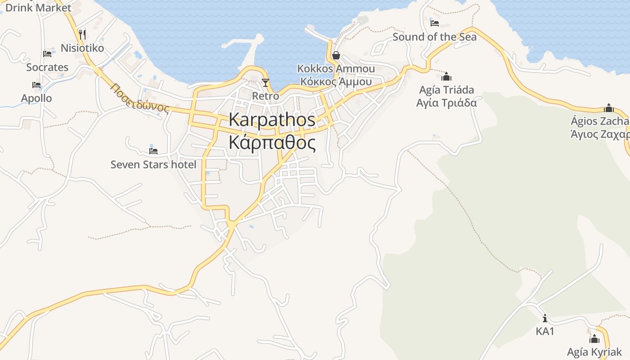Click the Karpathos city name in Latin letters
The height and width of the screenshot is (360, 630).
coord(272,120)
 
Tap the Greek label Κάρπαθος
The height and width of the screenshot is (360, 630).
coord(272,143)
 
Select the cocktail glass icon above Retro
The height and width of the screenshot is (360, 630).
coord(265,83)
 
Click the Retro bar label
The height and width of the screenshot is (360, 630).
coord(265,96)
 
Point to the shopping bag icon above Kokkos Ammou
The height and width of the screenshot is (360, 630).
coord(336,55)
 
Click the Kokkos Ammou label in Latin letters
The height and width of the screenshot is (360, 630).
coord(336,68)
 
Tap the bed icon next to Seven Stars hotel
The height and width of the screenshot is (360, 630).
coord(153,151)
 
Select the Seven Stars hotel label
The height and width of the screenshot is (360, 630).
coord(153,165)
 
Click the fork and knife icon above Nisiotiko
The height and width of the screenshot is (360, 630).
coord(82,34)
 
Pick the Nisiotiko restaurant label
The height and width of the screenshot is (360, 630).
coord(82,48)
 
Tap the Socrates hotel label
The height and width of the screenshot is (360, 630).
coord(47,67)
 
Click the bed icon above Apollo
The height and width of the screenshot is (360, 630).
coord(36,85)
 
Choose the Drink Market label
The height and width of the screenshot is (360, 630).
coord(38,8)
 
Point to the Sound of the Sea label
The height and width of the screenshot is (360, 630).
coord(434,37)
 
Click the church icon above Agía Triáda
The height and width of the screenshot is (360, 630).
coord(446,76)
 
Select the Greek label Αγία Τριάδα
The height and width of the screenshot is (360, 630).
coord(446,103)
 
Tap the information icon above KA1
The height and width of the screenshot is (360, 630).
coord(545,319)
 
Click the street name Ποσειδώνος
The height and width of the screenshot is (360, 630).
coord(140,98)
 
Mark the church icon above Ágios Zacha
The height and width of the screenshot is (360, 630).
coord(609,108)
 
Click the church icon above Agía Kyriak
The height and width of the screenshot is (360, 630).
coord(594,339)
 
